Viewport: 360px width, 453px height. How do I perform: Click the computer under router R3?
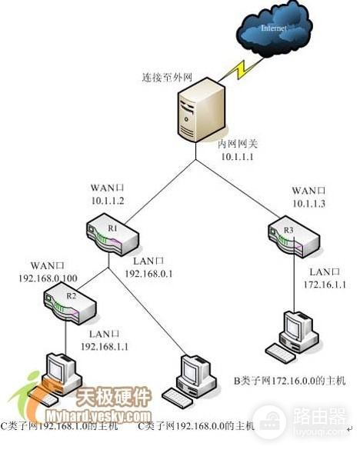pyautogui.click(x=292, y=336)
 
